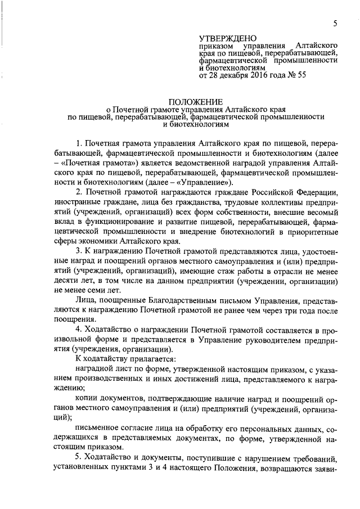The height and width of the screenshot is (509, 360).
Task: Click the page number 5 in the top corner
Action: click(335, 23)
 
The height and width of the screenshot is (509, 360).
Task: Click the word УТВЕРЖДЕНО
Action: click(228, 37)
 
